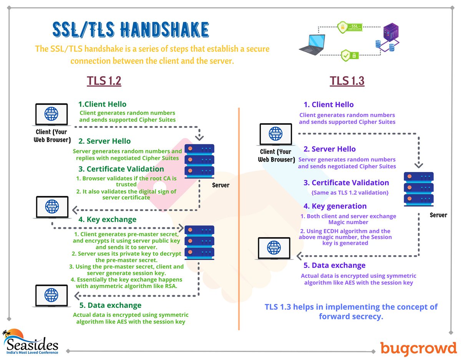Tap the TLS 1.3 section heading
tap(347, 81)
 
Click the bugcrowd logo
tap(418, 348)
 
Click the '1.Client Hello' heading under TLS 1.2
tap(102, 104)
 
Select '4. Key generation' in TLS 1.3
tap(335, 206)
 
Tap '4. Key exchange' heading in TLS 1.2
tap(107, 220)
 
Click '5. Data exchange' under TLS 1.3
tap(335, 265)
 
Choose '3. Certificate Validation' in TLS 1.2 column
tap(121, 169)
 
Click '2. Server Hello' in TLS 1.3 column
tap(330, 149)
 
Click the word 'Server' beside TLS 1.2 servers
tap(221, 185)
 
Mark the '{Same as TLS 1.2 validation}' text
tap(347, 192)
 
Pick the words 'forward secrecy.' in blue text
tap(351, 317)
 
